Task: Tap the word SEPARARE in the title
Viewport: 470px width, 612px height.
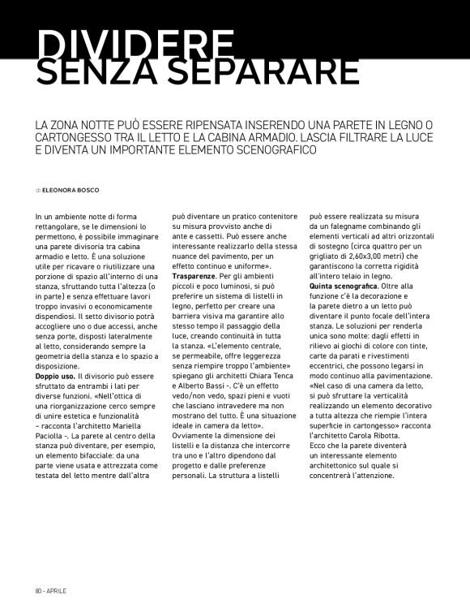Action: coord(263,71)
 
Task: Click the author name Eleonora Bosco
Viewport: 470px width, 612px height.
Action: coord(71,190)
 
